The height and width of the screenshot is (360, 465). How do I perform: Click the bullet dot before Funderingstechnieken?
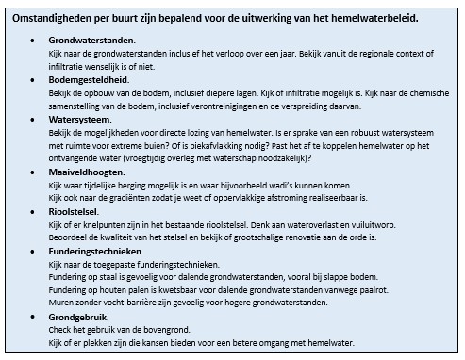pos(35,251)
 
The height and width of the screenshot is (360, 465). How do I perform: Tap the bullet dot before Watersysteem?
pos(35,120)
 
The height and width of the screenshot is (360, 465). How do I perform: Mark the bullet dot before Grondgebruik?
pos(35,316)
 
